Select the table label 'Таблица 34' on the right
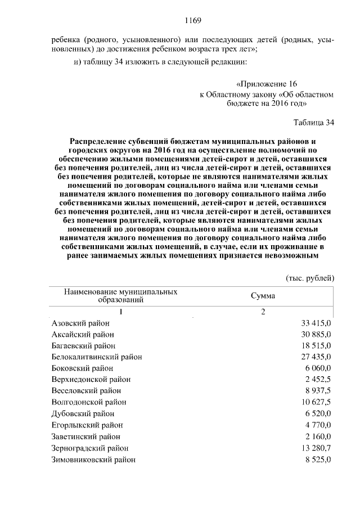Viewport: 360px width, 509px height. (x=313, y=123)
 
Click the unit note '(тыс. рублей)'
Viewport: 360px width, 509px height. (x=310, y=278)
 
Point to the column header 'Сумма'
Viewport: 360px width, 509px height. (x=262, y=296)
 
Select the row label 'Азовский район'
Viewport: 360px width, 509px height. (x=80, y=323)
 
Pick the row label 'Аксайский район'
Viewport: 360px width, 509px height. (x=83, y=334)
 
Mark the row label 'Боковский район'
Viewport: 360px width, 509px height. (x=82, y=368)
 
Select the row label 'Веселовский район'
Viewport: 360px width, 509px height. (x=86, y=390)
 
